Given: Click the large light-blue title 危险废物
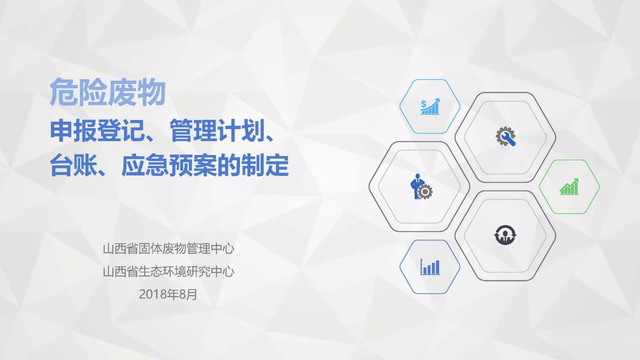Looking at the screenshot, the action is [x=108, y=92].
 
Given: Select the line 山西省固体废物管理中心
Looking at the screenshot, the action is [x=168, y=249].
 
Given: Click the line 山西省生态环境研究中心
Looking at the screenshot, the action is [x=168, y=272].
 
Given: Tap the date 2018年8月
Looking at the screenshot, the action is [x=168, y=294].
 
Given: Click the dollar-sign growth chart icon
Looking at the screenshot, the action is [x=430, y=106].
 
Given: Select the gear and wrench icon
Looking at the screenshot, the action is [x=505, y=136].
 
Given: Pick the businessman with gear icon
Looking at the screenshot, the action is [x=421, y=187].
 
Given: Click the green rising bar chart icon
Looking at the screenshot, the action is [x=569, y=186].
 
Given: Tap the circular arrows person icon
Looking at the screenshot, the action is [x=505, y=235].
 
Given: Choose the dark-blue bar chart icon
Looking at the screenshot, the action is [x=430, y=267].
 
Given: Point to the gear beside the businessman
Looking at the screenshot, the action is [x=425, y=192].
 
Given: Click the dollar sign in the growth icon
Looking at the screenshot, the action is [x=423, y=104].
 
